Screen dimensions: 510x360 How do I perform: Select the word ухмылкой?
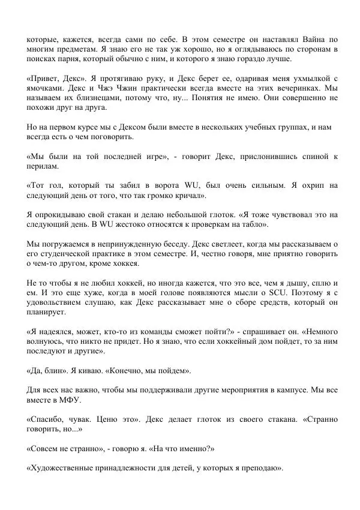305,79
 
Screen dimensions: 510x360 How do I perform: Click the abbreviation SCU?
275,293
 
